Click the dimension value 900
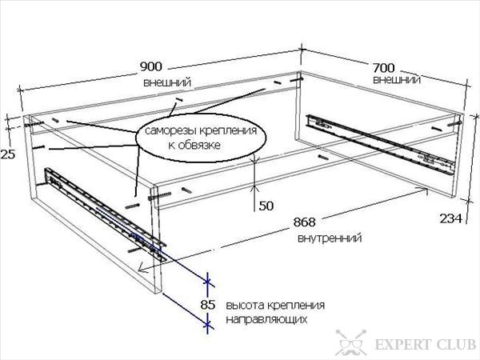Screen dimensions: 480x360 [151, 66]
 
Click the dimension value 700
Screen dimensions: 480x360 [384, 68]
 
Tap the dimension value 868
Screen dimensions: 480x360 [304, 222]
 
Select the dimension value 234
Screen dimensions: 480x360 [450, 218]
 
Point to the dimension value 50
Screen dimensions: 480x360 [266, 206]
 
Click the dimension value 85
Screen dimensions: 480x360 [208, 305]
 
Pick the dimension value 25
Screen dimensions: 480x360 [8, 154]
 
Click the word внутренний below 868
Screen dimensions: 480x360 [330, 238]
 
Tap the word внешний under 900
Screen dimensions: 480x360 [167, 82]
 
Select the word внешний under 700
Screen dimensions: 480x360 [397, 79]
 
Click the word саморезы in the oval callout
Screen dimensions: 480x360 [171, 130]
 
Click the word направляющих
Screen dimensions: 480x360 [266, 319]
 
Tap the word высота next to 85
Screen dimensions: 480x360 [245, 306]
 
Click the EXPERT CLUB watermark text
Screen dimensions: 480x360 [426, 344]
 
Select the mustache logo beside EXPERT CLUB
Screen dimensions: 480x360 [351, 342]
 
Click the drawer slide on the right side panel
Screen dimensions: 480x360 [381, 145]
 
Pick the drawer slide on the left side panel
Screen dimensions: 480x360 [106, 214]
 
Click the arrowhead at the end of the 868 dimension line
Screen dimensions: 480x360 [141, 269]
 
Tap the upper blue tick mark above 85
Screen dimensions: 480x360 [208, 281]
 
